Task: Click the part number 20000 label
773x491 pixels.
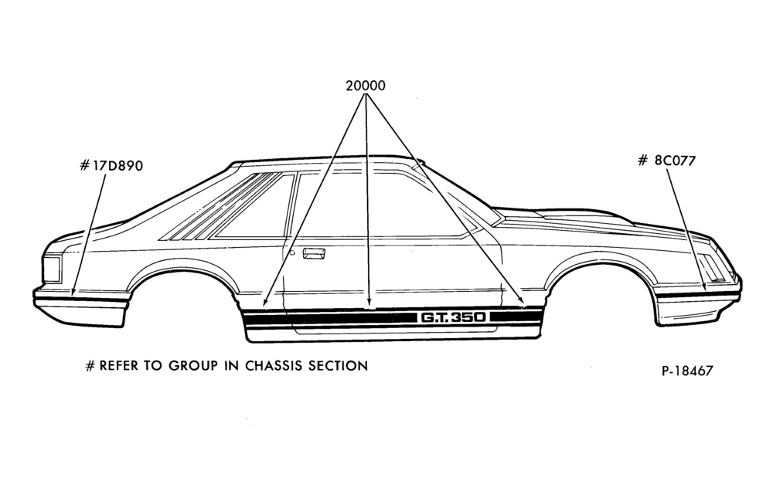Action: coord(366,86)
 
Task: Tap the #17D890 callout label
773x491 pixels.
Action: coord(111,165)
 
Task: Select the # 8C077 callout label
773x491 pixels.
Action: coord(666,161)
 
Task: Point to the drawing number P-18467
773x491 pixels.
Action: coord(687,371)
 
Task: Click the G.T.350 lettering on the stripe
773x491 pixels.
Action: coord(452,317)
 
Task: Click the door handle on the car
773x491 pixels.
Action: coord(314,254)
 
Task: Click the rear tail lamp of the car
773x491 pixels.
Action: coord(52,269)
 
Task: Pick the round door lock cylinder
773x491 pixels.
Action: coord(292,253)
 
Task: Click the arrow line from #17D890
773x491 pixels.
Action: coord(89,235)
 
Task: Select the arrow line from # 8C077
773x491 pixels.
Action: coord(686,229)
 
